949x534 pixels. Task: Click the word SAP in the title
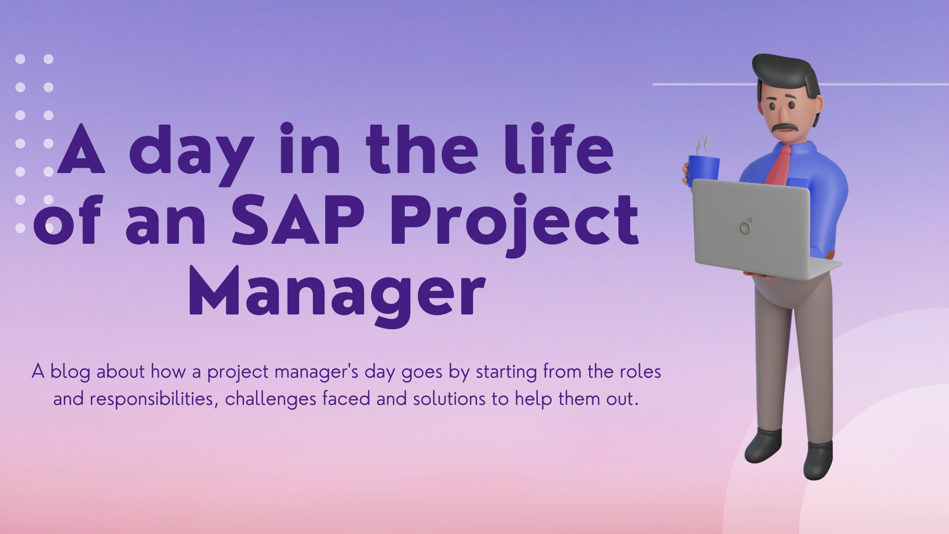coord(298,220)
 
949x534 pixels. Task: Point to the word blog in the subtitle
coord(70,372)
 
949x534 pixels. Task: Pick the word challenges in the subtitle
coord(270,399)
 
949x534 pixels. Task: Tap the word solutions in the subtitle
coord(449,399)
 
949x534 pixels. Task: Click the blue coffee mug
coord(703,171)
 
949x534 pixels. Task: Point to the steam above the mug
coord(703,142)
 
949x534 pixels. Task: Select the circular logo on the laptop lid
coord(746,226)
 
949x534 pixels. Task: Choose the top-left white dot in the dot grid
coord(20,59)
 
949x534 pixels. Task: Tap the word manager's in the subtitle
coord(316,372)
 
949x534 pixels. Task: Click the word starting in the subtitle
coord(506,372)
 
